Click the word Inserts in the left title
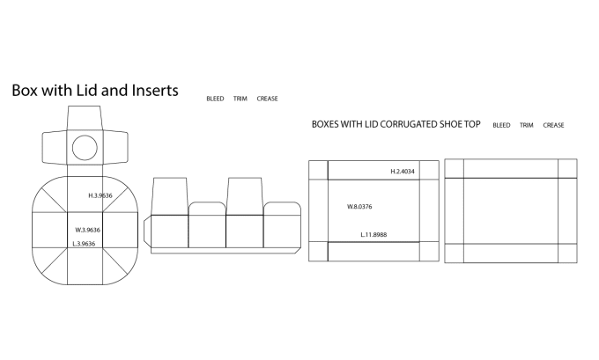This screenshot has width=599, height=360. coord(154,91)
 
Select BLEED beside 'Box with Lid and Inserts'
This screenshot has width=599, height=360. coord(215,99)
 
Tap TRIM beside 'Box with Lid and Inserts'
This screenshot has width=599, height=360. coord(240,99)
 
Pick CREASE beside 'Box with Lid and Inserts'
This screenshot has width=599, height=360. coord(268,99)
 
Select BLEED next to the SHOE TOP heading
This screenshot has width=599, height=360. coord(501,125)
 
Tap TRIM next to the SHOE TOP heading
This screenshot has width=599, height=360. coord(526,125)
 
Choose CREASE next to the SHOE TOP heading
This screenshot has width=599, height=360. coord(554,125)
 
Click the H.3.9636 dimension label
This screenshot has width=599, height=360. coord(100,195)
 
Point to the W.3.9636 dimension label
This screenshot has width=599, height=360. coord(87,230)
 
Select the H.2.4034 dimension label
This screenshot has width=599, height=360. coord(403,170)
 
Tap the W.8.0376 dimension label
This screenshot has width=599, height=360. coord(360,207)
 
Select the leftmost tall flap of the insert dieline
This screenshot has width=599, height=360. coord(170,195)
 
